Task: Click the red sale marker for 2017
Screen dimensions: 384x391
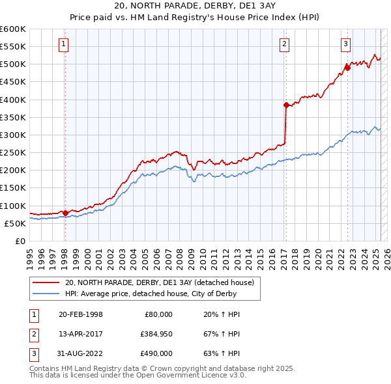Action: [286, 105]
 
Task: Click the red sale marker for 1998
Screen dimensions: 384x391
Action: [65, 213]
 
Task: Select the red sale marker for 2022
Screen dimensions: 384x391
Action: [347, 68]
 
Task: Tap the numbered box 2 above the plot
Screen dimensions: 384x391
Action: [285, 44]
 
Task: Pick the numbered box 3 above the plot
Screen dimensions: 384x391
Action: [345, 44]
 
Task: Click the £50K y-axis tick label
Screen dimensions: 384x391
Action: [16, 223]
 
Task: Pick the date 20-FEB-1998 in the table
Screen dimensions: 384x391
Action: [81, 314]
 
